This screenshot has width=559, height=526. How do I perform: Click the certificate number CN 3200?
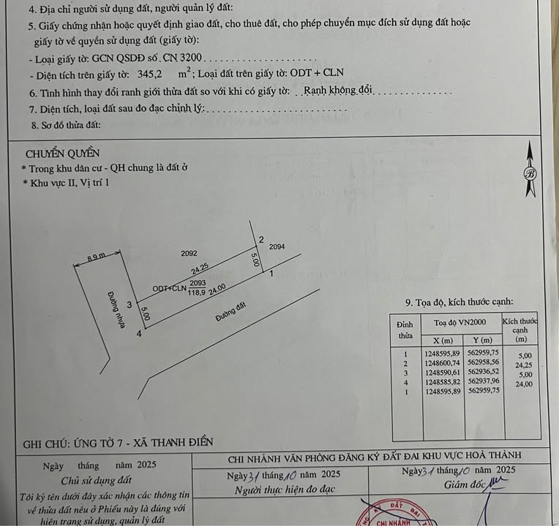click(187, 57)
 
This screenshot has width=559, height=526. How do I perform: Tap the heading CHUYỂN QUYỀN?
click(62, 153)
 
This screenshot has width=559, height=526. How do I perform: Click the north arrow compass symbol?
click(530, 173)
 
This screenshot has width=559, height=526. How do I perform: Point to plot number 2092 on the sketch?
click(190, 254)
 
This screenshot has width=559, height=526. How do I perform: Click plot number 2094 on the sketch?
click(277, 247)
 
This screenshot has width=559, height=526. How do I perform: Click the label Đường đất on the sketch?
click(230, 315)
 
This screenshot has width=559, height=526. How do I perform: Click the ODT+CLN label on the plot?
click(169, 289)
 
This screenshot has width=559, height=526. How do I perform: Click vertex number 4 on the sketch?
click(138, 334)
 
